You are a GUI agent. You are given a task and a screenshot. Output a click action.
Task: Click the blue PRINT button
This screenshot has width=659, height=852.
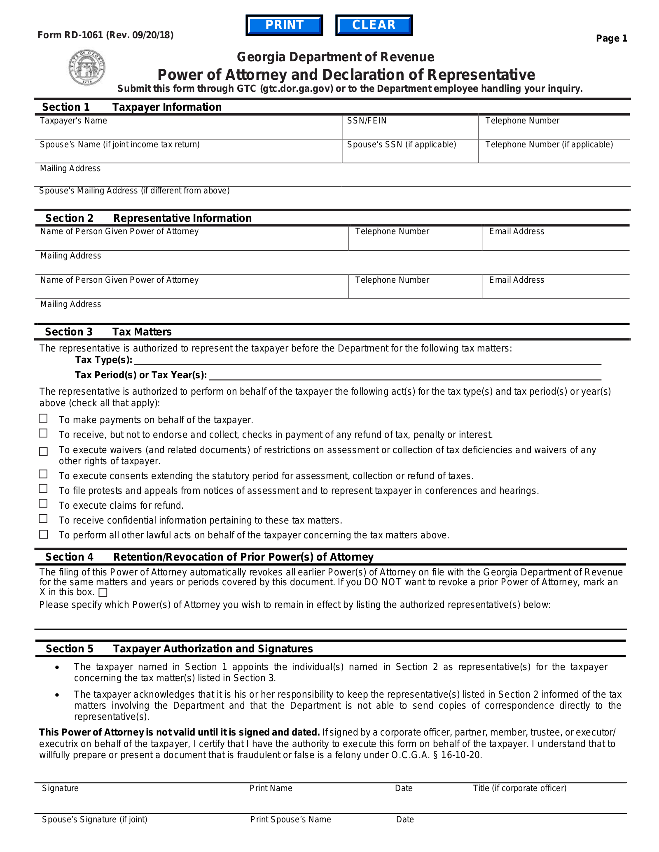(284, 25)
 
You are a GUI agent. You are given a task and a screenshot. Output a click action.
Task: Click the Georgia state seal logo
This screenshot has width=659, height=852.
(86, 68)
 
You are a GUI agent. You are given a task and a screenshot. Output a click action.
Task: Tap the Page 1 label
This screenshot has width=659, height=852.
(611, 39)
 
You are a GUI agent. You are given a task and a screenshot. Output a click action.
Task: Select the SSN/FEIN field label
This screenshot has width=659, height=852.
(367, 121)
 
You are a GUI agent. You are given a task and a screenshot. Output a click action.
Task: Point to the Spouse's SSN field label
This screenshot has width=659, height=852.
(401, 145)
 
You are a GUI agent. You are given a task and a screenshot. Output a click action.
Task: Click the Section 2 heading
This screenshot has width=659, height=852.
(69, 218)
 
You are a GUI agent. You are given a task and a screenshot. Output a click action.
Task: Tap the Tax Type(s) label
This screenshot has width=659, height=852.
(103, 360)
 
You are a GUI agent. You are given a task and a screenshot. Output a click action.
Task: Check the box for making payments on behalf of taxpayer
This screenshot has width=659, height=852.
(43, 419)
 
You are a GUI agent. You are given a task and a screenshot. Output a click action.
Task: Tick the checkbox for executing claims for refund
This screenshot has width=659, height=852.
(43, 504)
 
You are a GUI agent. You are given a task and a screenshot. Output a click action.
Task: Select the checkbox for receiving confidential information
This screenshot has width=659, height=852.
(43, 519)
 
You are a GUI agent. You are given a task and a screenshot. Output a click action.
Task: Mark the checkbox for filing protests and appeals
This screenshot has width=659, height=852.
(43, 489)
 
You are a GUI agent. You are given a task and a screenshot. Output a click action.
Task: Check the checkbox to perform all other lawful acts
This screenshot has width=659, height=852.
(43, 534)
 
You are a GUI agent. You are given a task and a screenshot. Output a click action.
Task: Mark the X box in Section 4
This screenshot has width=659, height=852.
(103, 593)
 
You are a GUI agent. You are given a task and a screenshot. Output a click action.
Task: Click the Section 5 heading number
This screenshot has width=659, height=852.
(69, 649)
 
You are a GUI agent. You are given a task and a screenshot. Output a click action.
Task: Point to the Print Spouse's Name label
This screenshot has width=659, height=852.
(290, 819)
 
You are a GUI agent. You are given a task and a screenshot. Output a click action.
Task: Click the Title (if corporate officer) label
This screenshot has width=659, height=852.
(519, 788)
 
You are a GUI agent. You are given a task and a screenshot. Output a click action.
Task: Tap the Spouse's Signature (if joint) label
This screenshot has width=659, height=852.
(94, 819)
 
